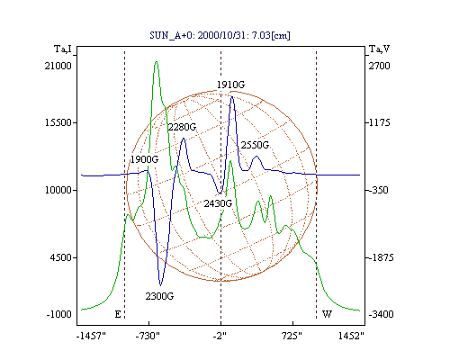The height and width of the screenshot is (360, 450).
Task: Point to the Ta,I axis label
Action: click(63, 49)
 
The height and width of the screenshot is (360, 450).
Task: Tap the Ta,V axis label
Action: click(379, 49)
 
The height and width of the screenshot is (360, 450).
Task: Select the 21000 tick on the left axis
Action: click(58, 66)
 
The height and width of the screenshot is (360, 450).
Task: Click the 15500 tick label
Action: click(58, 122)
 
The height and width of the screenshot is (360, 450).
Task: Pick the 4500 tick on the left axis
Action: click(61, 257)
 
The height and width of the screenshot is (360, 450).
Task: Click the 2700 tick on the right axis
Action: click(379, 66)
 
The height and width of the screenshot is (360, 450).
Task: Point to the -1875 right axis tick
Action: click(381, 257)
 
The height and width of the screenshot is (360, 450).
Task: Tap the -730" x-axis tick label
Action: click(148, 336)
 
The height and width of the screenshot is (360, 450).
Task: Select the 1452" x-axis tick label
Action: click(351, 336)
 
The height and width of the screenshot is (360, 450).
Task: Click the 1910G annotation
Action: click(230, 85)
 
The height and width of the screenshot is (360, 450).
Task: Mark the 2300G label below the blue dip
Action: click(159, 296)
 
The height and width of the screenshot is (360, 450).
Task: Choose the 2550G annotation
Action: click(255, 145)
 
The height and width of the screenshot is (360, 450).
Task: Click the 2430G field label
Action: click(218, 203)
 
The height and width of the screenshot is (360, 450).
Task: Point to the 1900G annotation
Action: click(144, 159)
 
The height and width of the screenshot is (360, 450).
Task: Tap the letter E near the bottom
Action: click(118, 314)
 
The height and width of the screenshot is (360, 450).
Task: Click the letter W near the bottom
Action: click(327, 314)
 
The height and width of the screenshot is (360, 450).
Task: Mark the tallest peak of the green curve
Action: click(156, 62)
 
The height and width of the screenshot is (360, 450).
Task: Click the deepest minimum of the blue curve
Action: click(160, 285)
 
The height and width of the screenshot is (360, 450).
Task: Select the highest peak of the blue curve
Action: click(231, 96)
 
